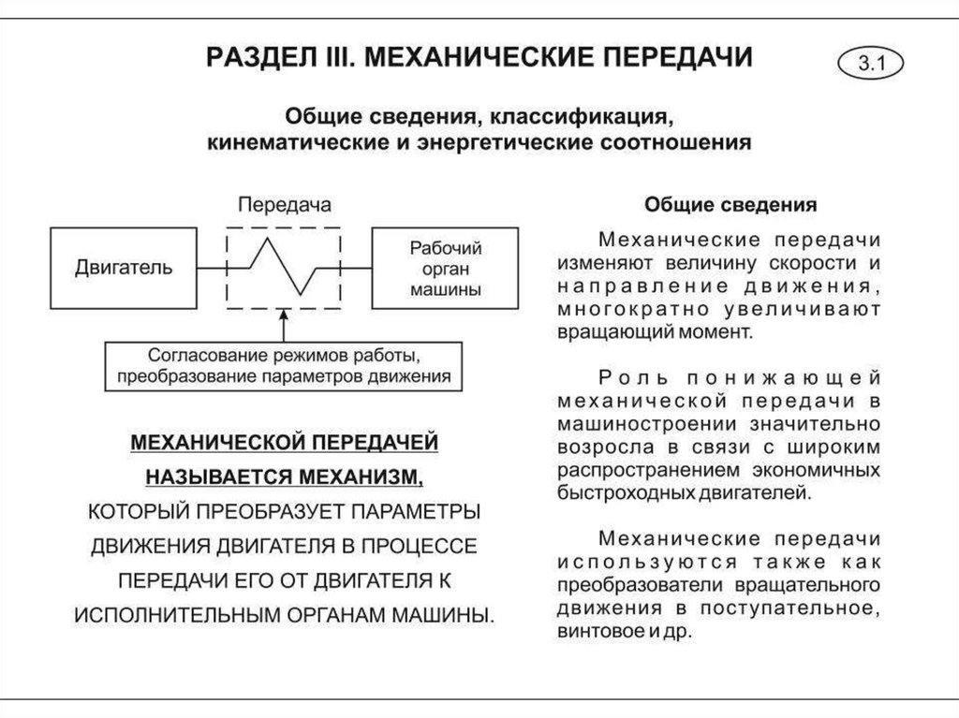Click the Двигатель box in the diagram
tap(124, 267)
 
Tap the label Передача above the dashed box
tap(284, 204)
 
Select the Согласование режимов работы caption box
tap(284, 368)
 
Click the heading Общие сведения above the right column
tap(730, 204)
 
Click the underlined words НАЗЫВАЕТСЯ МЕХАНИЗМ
tap(284, 476)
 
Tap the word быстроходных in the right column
tap(612, 490)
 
